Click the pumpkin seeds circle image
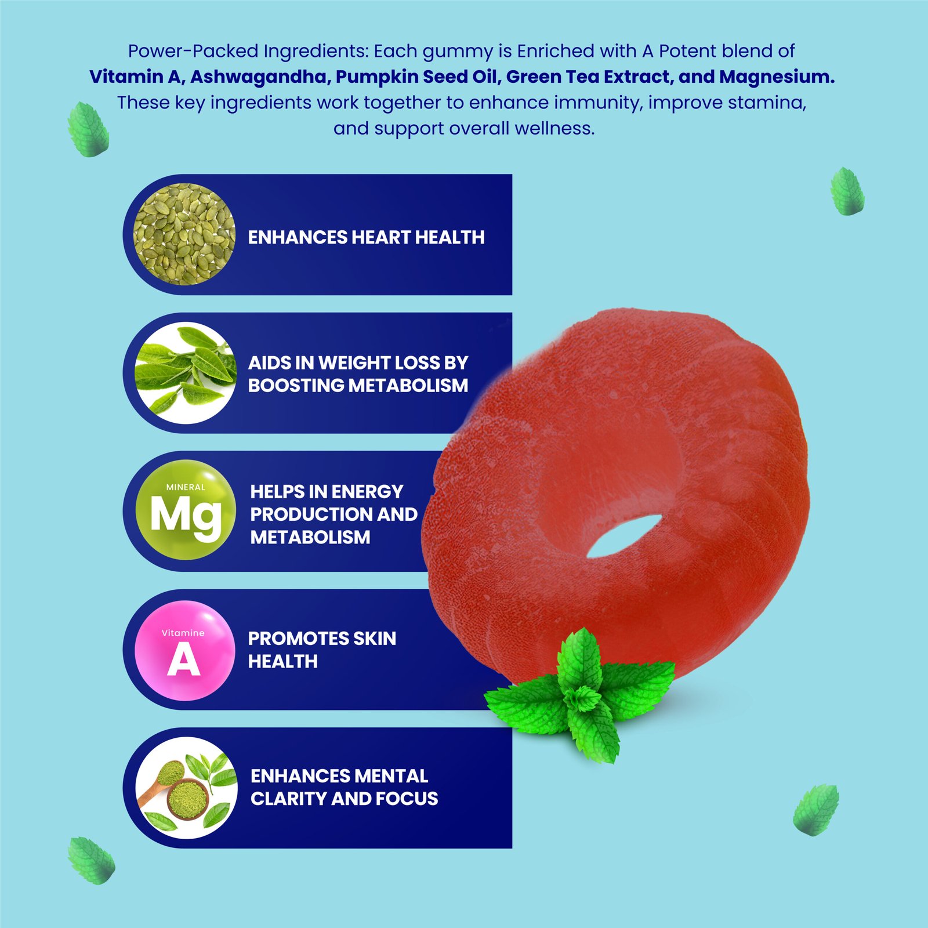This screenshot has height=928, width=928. pyautogui.click(x=184, y=234)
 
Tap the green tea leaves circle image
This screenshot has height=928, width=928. pyautogui.click(x=186, y=373)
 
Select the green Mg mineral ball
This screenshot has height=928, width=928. pyautogui.click(x=186, y=510)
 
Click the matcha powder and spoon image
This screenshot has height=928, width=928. pyautogui.click(x=186, y=788)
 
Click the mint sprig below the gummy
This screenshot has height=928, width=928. pyautogui.click(x=580, y=696)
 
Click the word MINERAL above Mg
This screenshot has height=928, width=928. pyautogui.click(x=186, y=487)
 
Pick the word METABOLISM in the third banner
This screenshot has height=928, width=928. pyautogui.click(x=310, y=537)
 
